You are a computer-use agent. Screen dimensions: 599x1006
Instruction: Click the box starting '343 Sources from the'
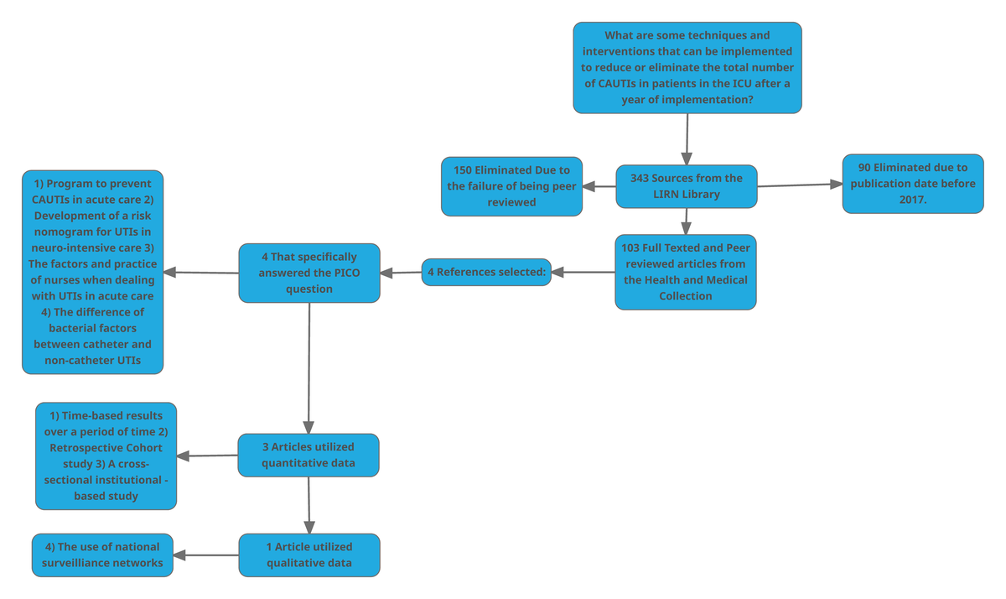686,186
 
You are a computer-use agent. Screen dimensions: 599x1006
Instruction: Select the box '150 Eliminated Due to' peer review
511,186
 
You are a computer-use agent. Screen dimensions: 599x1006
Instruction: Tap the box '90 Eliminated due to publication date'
912,184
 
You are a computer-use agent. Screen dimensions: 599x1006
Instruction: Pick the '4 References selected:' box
486,272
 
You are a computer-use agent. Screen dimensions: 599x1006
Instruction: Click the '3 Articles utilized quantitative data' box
309,455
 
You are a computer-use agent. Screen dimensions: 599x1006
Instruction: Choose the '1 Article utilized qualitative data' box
309,555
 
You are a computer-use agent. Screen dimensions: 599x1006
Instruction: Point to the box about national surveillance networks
102,555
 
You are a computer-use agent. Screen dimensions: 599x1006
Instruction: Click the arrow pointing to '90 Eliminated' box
796,185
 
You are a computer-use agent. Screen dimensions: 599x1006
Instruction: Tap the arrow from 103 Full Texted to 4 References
583,272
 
